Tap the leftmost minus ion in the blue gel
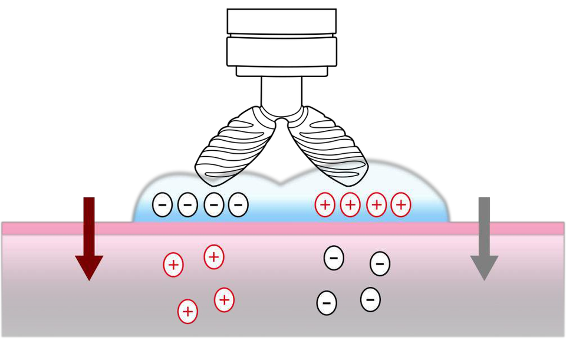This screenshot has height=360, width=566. coord(162,205)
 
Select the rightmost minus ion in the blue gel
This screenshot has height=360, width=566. coord(238,205)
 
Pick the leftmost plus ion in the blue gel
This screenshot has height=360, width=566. coord(325,205)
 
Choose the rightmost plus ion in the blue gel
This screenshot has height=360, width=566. coord(401,205)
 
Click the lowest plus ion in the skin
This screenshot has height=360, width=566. coord(187,311)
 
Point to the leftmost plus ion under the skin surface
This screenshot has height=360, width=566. coord(173,265)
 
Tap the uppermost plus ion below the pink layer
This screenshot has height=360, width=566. coord(214,257)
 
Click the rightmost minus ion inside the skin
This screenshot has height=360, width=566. coord(380,263)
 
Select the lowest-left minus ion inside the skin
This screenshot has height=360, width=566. coord(327,303)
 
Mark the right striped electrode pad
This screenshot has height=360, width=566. coord(333,144)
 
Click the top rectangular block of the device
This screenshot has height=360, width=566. coord(281,21)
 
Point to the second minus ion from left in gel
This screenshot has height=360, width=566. coord(187,205)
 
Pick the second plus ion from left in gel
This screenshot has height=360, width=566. coord(350,205)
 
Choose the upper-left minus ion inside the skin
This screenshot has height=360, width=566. coord(334,258)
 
